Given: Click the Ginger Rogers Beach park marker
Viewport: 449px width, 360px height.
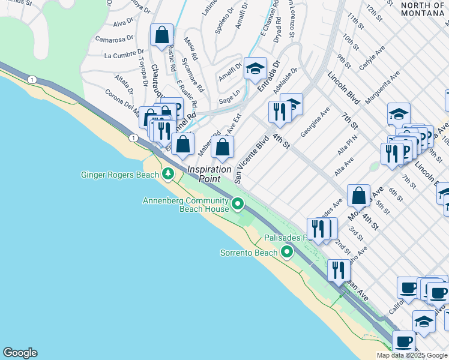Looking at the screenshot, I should click(x=169, y=175).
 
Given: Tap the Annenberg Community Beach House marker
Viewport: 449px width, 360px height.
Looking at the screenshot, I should click(x=238, y=205).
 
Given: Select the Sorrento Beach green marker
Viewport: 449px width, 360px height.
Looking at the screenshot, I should click(x=287, y=253).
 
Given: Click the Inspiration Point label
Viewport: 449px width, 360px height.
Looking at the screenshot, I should click(x=209, y=174).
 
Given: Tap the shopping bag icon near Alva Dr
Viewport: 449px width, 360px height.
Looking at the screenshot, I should click(x=162, y=36).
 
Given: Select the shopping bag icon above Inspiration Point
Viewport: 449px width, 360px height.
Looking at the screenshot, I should click(x=222, y=147).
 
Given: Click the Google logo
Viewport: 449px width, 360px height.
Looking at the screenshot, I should click(x=20, y=353).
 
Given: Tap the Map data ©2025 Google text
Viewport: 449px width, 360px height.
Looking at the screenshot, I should click(x=412, y=355).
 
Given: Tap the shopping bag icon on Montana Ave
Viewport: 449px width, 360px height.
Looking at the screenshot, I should click(x=358, y=195).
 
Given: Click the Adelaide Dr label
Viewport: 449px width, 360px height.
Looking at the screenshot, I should click(x=285, y=82).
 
